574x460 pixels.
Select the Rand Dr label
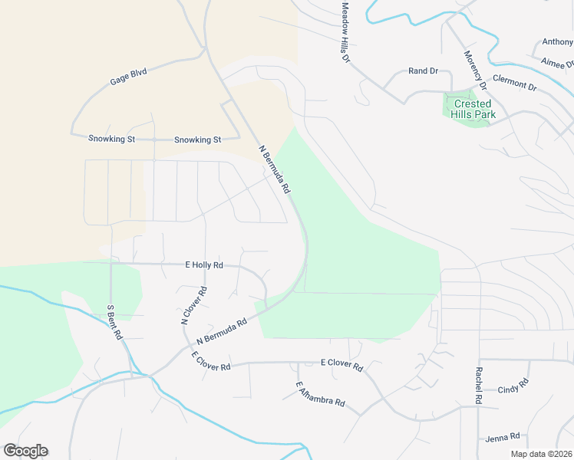(423, 71)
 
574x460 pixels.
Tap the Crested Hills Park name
(473, 109)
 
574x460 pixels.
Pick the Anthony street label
(557, 42)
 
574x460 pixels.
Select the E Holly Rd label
(204, 264)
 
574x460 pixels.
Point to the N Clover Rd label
(194, 306)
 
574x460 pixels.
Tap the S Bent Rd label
(114, 322)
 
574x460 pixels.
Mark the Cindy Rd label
(513, 387)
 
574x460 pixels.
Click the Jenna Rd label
(503, 438)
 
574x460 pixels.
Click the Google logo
(25, 451)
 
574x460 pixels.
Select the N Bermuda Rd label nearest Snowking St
(274, 169)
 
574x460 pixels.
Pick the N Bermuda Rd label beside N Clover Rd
(222, 331)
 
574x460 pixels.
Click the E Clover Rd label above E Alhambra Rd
(341, 366)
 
